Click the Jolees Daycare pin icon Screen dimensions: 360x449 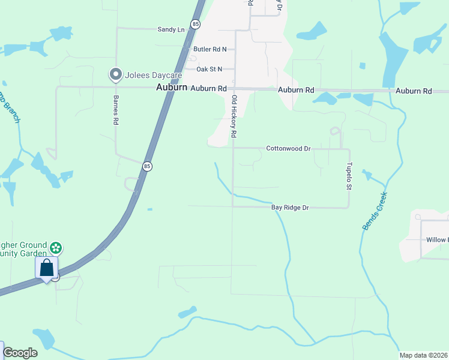tap(115, 75)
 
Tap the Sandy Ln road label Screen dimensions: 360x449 tap(170, 29)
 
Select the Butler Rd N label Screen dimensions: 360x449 tap(209, 49)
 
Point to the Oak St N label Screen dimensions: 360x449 tap(209, 69)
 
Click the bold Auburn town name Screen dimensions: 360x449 tap(171, 88)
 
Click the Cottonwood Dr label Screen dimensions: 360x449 tap(288, 148)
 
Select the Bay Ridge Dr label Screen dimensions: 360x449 tap(290, 208)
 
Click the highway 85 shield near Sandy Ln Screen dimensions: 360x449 tap(195, 24)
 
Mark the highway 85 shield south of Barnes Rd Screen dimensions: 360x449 tap(147, 166)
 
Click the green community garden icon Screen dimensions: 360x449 tap(56, 247)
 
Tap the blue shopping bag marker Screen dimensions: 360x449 tap(47, 269)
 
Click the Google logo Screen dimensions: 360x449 tap(20, 353)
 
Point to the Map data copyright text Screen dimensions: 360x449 tap(423, 355)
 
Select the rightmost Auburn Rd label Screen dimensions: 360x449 tap(414, 91)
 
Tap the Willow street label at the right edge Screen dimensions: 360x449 tap(436, 240)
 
